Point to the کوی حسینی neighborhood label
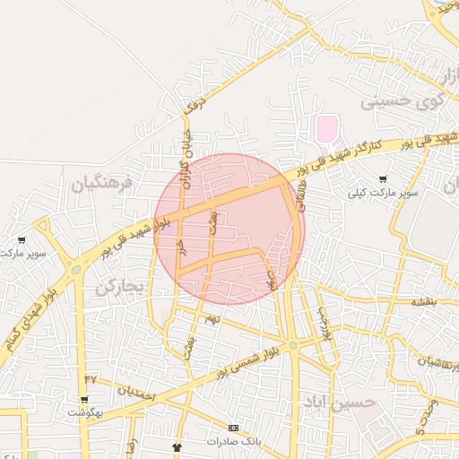(403, 101)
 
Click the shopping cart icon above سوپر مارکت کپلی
(385, 179)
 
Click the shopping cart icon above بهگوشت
(85, 400)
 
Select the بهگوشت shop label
(85, 413)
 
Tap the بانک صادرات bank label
(233, 442)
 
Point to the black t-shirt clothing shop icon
(177, 446)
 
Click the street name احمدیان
(136, 393)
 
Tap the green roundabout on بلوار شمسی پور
(293, 345)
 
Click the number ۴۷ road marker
(90, 379)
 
